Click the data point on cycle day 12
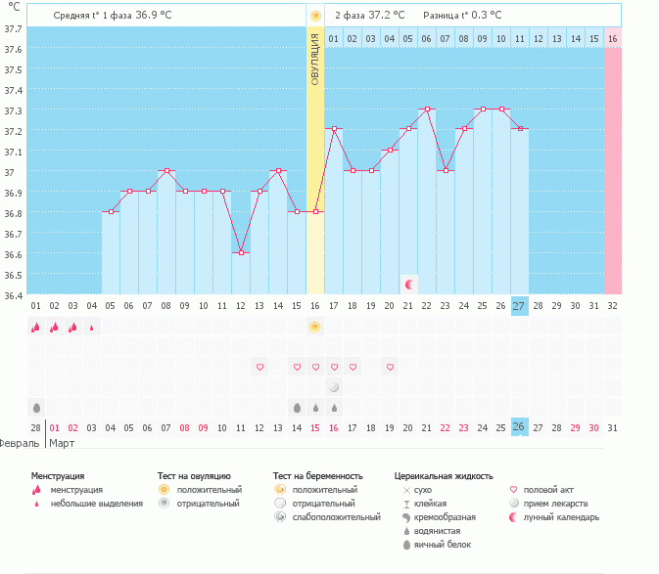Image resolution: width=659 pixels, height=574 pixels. point(241,252)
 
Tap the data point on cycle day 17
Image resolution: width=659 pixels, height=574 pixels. point(334,129)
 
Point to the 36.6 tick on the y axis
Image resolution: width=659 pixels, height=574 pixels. point(13,254)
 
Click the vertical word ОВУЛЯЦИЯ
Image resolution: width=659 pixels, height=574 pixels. point(315,59)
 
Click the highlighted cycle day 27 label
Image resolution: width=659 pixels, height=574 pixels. point(519,305)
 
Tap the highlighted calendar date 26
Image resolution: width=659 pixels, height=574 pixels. point(519,427)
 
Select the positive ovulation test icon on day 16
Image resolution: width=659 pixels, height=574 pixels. point(315,327)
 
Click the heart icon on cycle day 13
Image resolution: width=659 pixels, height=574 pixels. point(259,367)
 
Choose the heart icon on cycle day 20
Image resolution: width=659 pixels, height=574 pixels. point(390,367)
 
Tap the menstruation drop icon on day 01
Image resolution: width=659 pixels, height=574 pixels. point(36,328)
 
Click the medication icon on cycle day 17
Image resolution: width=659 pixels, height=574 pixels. point(334,387)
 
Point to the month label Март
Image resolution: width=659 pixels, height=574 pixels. point(63,443)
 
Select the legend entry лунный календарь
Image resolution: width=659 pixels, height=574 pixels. point(560,517)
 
